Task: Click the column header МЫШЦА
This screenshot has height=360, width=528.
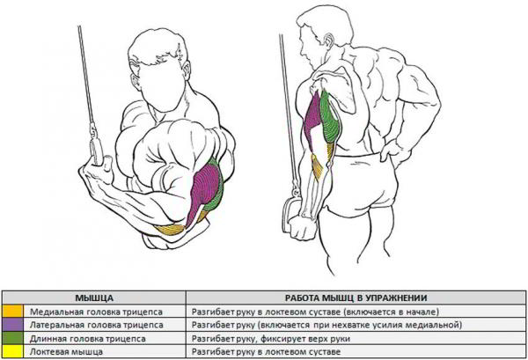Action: tap(94, 298)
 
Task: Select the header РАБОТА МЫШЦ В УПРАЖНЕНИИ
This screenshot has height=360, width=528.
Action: tap(356, 298)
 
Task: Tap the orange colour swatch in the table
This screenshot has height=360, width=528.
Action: tap(12, 312)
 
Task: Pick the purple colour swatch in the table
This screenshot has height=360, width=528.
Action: tap(12, 325)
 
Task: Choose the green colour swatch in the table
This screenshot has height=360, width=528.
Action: tap(12, 339)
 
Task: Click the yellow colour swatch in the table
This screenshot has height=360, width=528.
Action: tap(12, 351)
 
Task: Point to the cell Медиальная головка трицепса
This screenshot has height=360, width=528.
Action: tap(96, 312)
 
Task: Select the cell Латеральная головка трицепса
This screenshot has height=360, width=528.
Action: tap(96, 326)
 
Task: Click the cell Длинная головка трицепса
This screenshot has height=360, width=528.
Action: tap(87, 339)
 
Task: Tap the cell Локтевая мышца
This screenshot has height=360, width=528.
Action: tap(66, 352)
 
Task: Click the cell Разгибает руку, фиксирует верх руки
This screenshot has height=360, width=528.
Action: tap(271, 339)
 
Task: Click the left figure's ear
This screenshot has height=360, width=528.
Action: tap(136, 82)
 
